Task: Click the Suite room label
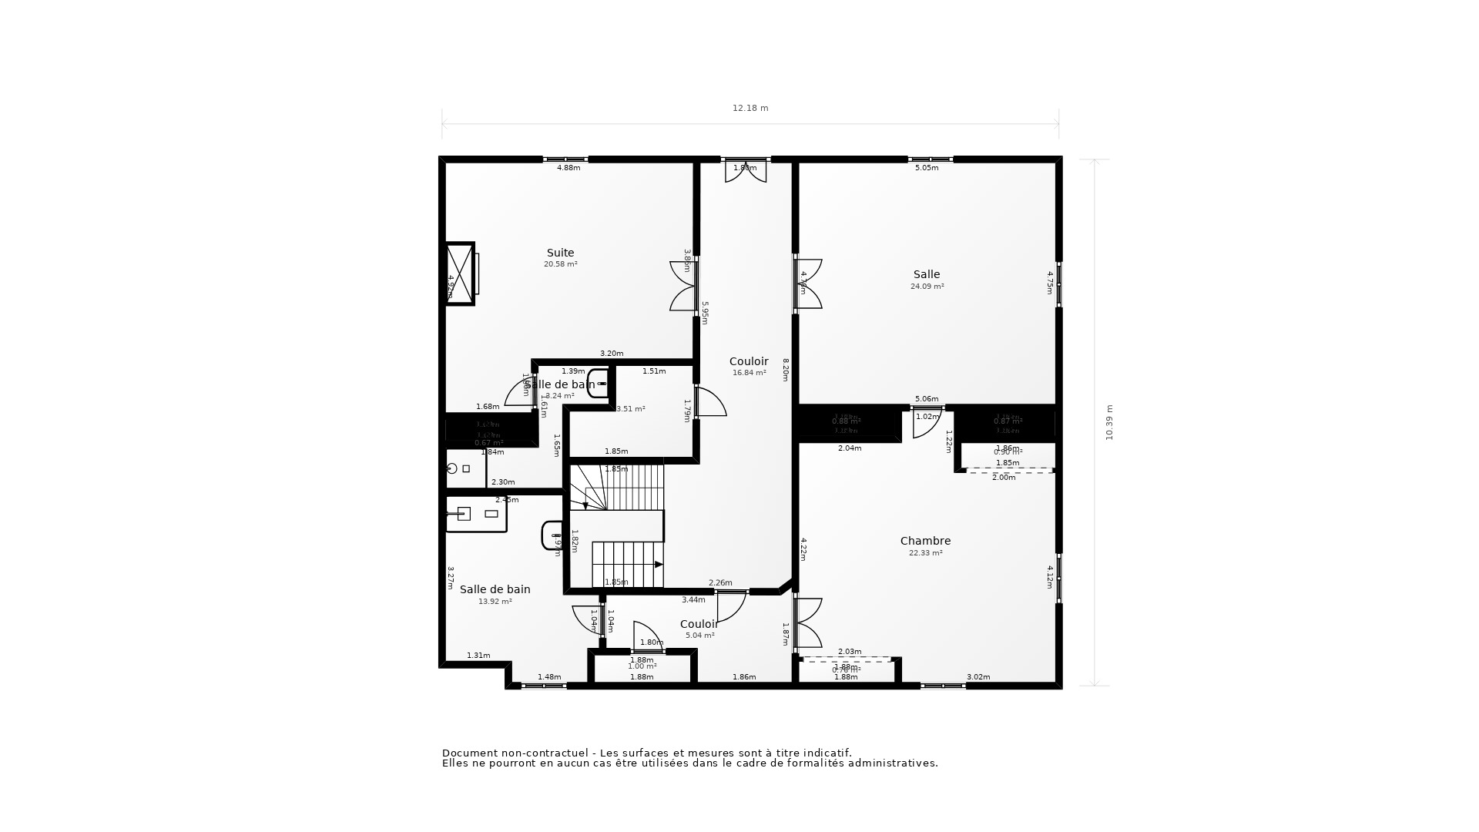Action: pyautogui.click(x=560, y=253)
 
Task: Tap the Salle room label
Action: pyautogui.click(x=927, y=274)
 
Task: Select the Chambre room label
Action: pyautogui.click(x=925, y=541)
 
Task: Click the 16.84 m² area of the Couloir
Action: pyautogui.click(x=749, y=373)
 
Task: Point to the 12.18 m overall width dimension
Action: pyautogui.click(x=750, y=109)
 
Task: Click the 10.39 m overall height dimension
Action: pyautogui.click(x=1109, y=422)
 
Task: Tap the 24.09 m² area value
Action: pyautogui.click(x=927, y=287)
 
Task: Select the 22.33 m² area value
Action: pyautogui.click(x=925, y=553)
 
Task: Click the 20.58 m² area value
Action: pyautogui.click(x=560, y=264)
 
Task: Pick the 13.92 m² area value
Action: pyautogui.click(x=495, y=602)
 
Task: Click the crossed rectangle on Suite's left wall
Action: pyautogui.click(x=460, y=273)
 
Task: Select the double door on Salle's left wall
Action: pyautogui.click(x=808, y=284)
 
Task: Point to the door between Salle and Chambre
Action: pyautogui.click(x=927, y=422)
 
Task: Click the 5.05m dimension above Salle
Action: pyautogui.click(x=926, y=168)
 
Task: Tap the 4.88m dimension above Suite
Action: pyautogui.click(x=568, y=168)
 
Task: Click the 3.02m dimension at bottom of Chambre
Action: pyautogui.click(x=978, y=677)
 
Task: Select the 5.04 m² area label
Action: pyautogui.click(x=699, y=636)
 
